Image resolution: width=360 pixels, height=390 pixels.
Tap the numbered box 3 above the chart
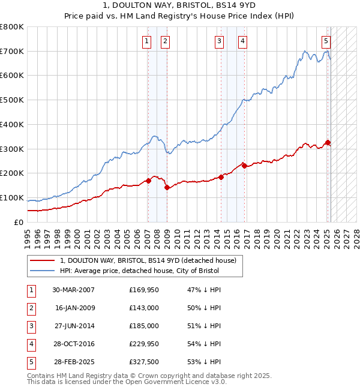(x=220, y=41)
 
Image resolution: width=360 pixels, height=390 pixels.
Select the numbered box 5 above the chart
(x=326, y=41)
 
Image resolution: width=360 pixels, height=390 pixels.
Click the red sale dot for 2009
(x=167, y=187)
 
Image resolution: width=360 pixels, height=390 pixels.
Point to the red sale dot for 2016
(x=244, y=166)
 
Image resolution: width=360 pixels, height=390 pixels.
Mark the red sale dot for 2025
(x=328, y=142)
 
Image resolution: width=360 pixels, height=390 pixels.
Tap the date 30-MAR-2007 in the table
(x=73, y=290)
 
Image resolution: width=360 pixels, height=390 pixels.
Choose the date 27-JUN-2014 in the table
(x=73, y=326)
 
